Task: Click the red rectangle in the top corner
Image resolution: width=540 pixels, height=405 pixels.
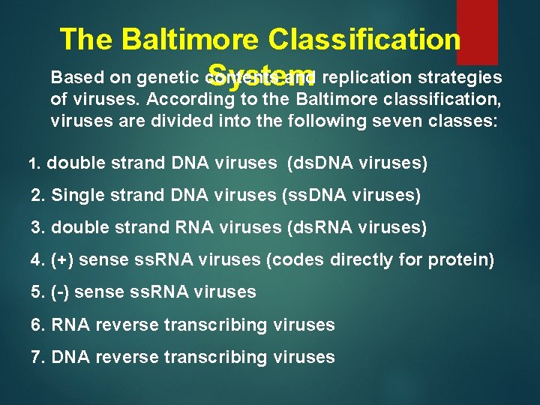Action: click(x=477, y=31)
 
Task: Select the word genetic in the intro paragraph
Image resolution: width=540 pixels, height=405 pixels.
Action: click(x=169, y=78)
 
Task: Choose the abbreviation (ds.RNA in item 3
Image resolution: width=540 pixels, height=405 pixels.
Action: click(x=322, y=227)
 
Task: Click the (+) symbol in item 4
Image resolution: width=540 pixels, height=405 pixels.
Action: click(x=61, y=260)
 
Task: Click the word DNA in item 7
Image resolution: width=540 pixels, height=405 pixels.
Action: click(x=69, y=357)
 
